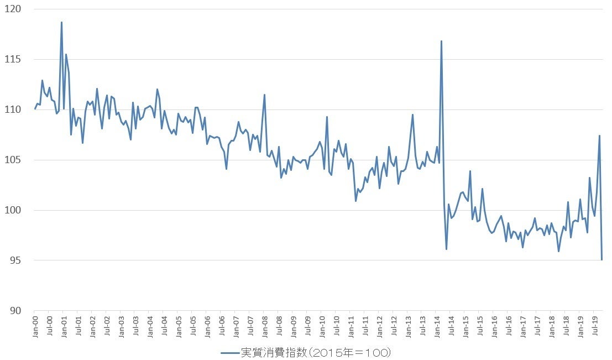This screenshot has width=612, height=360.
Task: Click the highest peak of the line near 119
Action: click(61, 23)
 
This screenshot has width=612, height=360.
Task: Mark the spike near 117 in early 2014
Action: click(441, 41)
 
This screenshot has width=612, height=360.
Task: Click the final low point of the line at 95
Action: click(601, 259)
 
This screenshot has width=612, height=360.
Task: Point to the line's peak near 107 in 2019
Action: click(599, 135)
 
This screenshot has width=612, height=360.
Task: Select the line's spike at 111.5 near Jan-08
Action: click(264, 95)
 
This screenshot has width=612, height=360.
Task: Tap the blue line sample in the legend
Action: click(229, 352)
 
